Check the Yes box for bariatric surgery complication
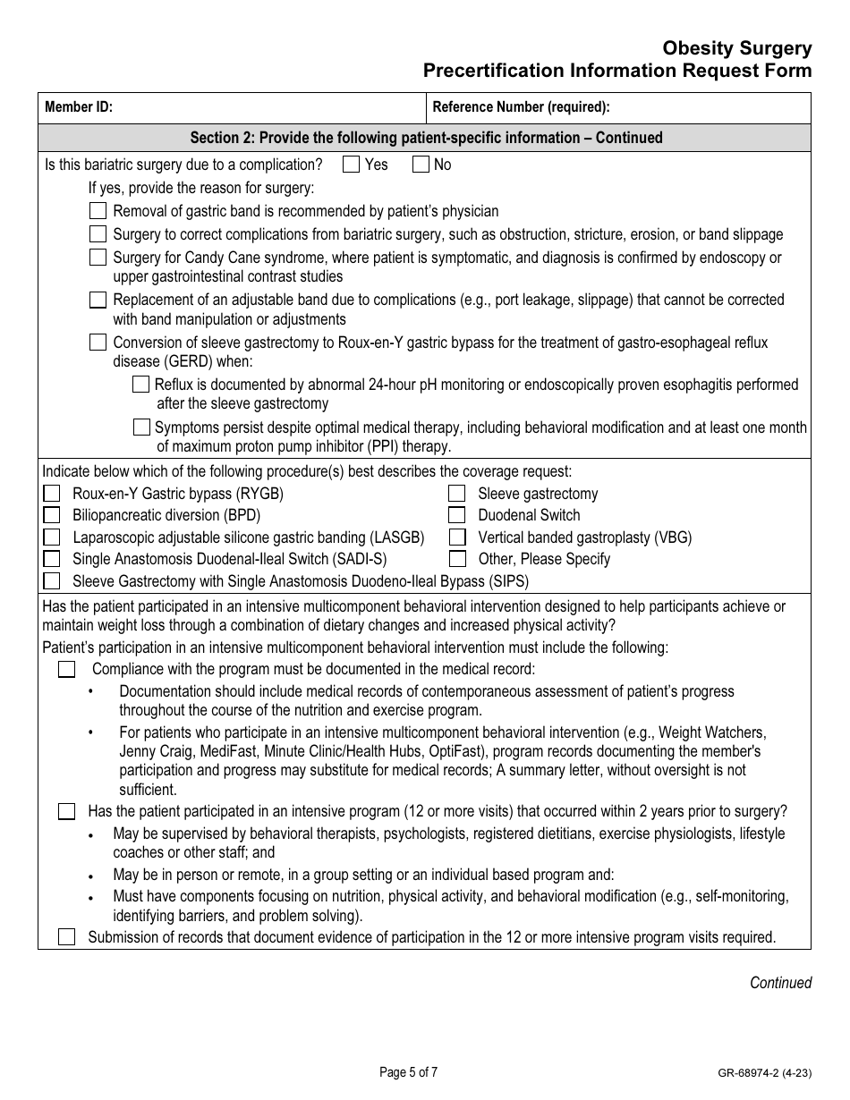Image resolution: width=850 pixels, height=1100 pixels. [351, 165]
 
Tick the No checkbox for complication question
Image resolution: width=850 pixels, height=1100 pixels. [421, 165]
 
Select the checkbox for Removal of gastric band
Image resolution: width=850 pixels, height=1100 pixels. [98, 211]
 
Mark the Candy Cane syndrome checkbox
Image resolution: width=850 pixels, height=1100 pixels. [98, 258]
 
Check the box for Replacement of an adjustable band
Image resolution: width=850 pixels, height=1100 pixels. [98, 300]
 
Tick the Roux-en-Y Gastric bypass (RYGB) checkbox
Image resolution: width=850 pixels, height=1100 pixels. [52, 494]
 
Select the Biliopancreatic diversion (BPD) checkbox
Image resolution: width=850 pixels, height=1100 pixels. [52, 515]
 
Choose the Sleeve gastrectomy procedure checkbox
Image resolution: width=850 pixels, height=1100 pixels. [457, 494]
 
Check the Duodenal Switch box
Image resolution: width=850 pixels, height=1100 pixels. [457, 515]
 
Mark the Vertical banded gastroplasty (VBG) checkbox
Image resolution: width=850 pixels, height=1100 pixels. [457, 537]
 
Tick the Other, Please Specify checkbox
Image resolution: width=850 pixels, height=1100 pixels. [457, 559]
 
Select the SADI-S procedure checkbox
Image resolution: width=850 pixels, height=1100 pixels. [52, 559]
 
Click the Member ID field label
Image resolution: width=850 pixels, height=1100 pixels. [79, 107]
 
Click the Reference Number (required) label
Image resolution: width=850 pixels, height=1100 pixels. [521, 107]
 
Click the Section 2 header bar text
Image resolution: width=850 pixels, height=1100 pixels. [426, 138]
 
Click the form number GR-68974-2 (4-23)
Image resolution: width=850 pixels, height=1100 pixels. [763, 1073]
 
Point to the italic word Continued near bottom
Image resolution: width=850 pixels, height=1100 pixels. [780, 983]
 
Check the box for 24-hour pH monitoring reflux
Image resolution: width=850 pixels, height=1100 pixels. [140, 385]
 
